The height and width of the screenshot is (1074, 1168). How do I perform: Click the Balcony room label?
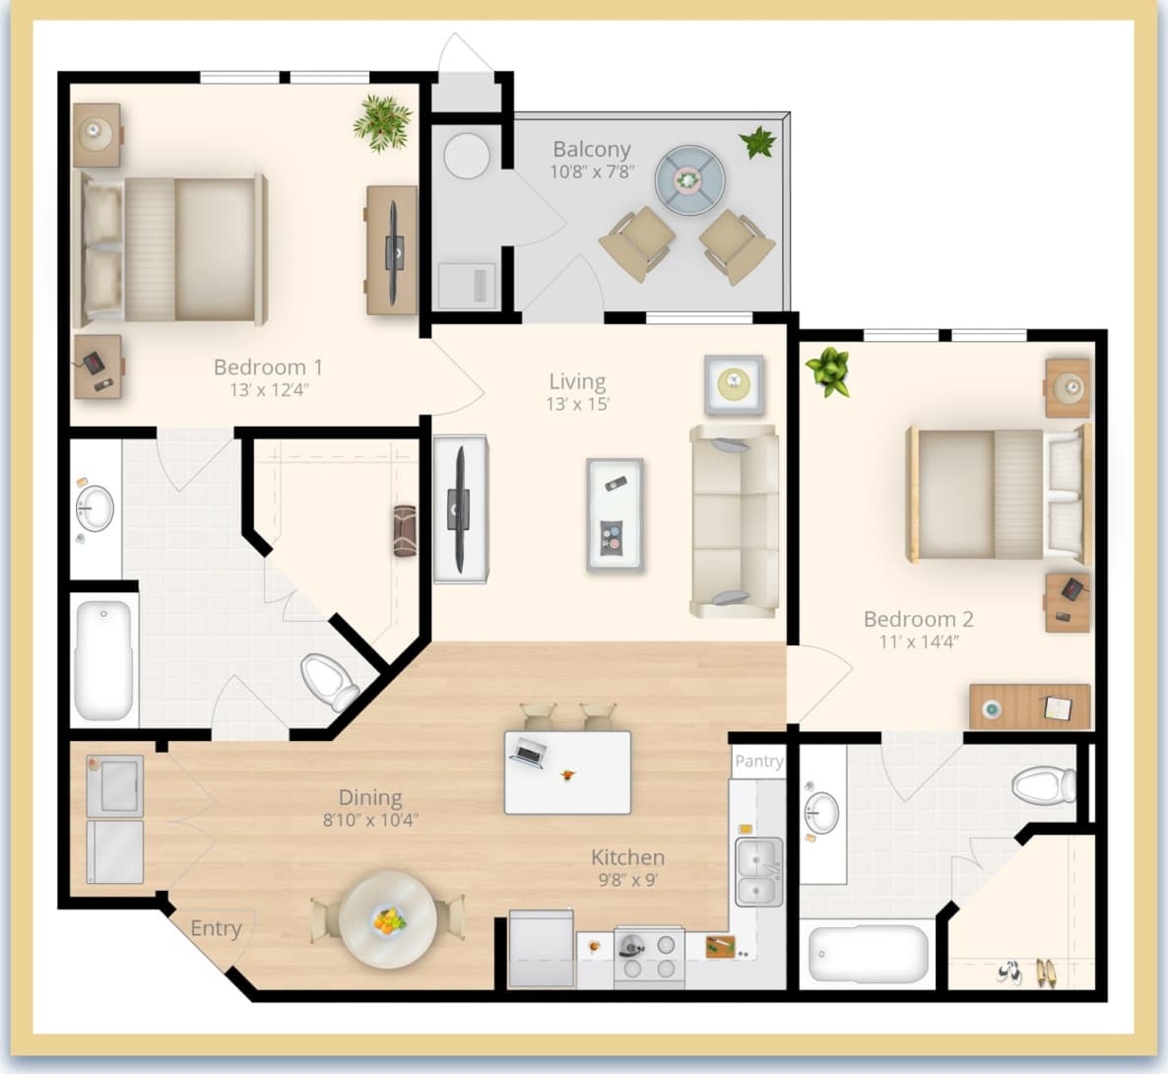591,150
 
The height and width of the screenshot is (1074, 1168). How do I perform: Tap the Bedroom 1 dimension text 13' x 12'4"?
269,390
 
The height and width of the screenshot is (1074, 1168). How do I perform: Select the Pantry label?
758,761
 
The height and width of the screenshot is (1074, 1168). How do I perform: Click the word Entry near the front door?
216,928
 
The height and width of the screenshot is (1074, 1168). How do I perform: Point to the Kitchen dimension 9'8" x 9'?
627,880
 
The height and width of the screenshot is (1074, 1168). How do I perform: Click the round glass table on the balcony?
689,179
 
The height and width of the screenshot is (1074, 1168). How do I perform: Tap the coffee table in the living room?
615,514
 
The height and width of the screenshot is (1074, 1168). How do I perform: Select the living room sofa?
734,520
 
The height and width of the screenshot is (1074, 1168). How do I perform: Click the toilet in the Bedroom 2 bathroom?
1044,786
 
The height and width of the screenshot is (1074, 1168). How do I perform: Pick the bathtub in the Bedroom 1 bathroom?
103,658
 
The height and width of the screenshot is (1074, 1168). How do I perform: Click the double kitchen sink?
759,871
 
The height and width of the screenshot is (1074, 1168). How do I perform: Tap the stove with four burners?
649,956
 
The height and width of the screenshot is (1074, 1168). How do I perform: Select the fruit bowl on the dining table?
389,920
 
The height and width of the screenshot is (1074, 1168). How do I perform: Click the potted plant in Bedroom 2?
828,371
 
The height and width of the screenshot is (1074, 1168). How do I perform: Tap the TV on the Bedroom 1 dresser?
394,251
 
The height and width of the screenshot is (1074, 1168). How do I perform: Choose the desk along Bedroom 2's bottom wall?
1029,706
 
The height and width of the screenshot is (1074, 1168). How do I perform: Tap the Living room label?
577,382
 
